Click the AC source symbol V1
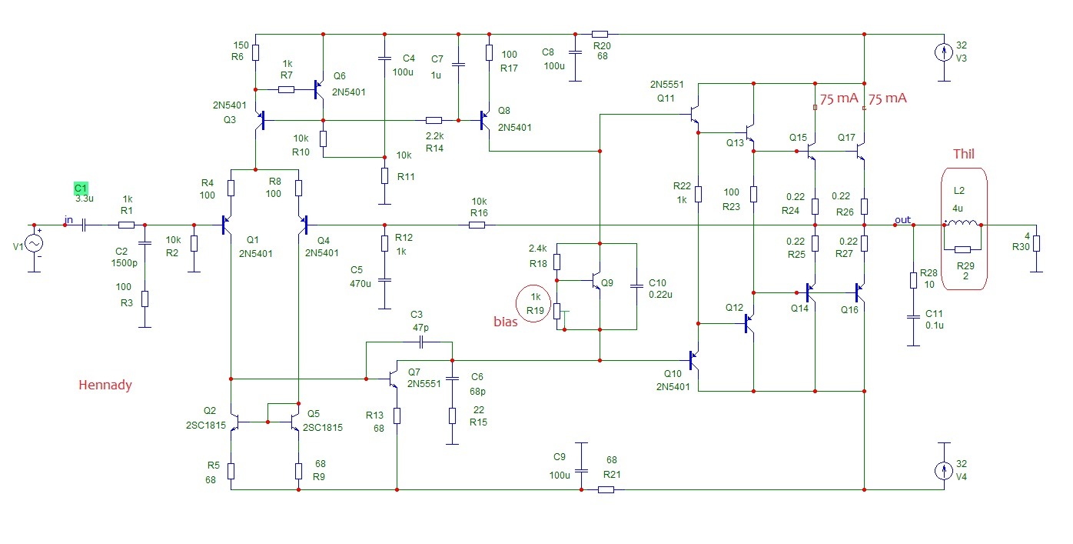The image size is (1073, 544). tap(34, 243)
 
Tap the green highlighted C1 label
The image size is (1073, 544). tap(81, 188)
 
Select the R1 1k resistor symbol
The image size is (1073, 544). tap(127, 225)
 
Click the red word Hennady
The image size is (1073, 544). tap(105, 385)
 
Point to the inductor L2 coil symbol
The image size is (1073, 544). tap(962, 223)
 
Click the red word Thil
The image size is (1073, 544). tap(963, 154)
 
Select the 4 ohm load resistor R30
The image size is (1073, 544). tap(1036, 243)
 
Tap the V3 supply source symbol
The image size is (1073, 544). tap(944, 52)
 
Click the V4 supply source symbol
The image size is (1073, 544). tap(944, 471)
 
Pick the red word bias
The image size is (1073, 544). tap(505, 322)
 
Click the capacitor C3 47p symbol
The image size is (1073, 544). tap(421, 342)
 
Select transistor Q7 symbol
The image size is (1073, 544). tap(392, 379)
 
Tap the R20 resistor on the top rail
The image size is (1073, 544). tap(600, 34)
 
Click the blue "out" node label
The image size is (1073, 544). tap(902, 220)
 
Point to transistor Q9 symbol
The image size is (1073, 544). tap(594, 281)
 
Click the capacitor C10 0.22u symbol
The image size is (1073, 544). tap(636, 286)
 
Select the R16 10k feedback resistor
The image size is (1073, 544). tap(477, 225)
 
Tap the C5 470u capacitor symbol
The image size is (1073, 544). tap(384, 279)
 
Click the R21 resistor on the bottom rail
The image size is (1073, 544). tap(606, 490)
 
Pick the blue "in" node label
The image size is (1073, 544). tap(68, 220)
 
